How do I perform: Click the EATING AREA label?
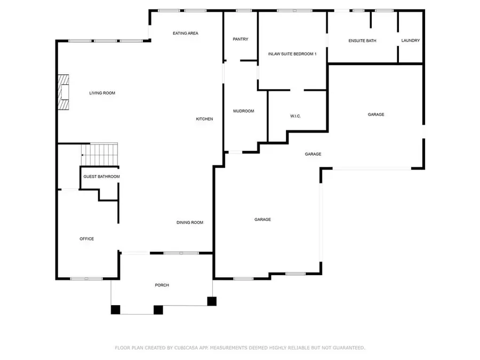(x=185, y=33)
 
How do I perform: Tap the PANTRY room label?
(x=241, y=39)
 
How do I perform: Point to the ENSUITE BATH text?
(x=362, y=41)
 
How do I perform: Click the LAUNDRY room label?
(x=411, y=41)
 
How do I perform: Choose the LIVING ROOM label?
(x=102, y=93)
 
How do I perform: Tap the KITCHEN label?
(x=204, y=119)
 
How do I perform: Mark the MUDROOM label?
(x=243, y=111)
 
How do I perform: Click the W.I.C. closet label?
(x=295, y=116)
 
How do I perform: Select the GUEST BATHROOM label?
(x=101, y=177)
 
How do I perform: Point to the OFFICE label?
(x=87, y=239)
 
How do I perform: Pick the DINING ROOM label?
(x=190, y=222)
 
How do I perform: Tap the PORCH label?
(x=162, y=285)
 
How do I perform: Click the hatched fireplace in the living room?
(x=64, y=92)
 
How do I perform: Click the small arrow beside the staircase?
(x=83, y=155)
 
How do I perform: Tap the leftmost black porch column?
(x=116, y=309)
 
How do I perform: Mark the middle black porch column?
(x=158, y=309)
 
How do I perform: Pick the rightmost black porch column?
(x=212, y=301)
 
